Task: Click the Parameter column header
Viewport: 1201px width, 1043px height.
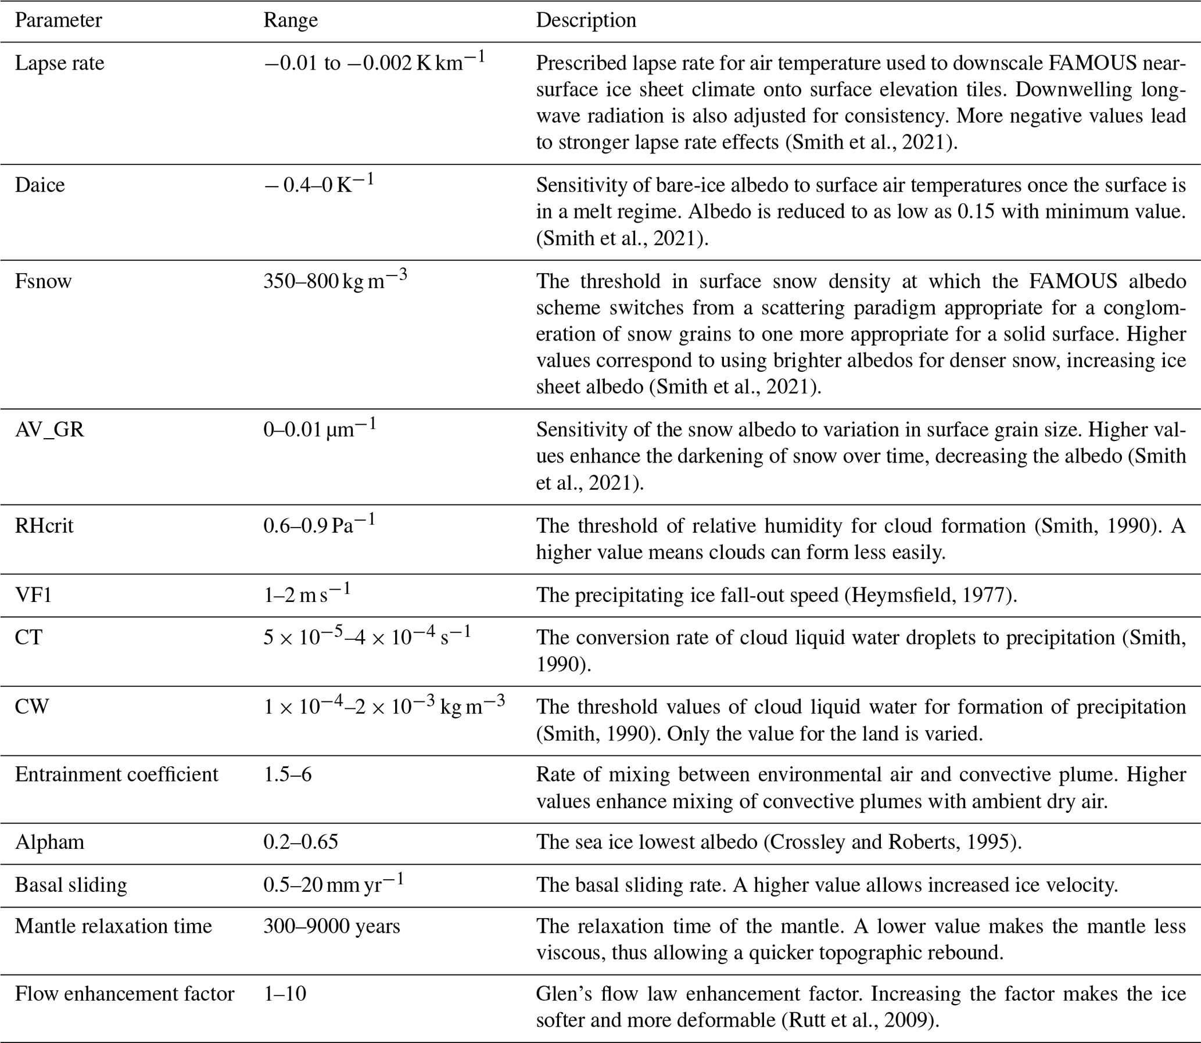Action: (x=58, y=20)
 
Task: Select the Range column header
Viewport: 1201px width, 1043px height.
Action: (x=291, y=20)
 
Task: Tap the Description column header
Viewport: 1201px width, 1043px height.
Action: (x=586, y=20)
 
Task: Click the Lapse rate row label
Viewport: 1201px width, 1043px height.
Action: (x=59, y=63)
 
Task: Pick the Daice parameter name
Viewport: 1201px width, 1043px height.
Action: (x=40, y=185)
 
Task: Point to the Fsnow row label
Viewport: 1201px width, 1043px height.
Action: (x=43, y=281)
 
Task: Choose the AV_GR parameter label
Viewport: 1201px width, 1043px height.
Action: (x=49, y=429)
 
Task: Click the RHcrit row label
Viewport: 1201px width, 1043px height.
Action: (x=44, y=526)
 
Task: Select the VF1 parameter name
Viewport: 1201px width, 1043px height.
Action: (x=33, y=595)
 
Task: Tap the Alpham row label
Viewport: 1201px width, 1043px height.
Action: (x=49, y=841)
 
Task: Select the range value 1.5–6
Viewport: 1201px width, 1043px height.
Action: (x=288, y=774)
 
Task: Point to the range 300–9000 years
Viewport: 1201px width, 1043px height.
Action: (x=332, y=926)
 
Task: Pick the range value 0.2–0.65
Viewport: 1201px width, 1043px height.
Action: (x=300, y=841)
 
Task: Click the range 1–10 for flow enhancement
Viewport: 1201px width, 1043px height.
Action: (x=285, y=993)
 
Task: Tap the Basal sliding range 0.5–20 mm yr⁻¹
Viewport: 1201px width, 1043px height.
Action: (x=333, y=884)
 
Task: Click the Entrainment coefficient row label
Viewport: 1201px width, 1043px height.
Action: (x=116, y=774)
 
